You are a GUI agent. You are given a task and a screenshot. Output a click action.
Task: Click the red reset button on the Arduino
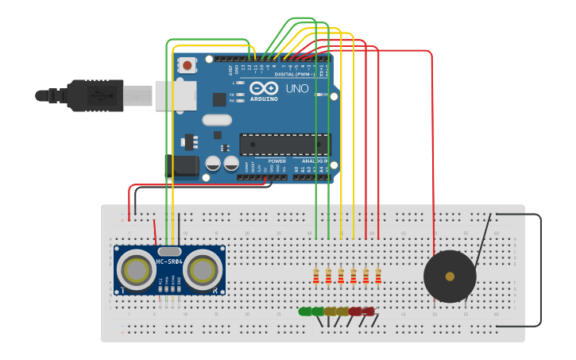click(x=187, y=65)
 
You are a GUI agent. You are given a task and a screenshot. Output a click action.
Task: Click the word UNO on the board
click(x=297, y=88)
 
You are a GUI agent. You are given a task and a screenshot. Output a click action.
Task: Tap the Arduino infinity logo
click(x=264, y=88)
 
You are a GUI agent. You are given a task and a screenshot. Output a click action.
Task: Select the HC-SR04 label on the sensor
click(x=169, y=261)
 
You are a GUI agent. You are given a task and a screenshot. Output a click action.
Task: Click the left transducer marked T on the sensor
click(x=138, y=271)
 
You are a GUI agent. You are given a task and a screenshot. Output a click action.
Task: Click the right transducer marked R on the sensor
click(x=202, y=271)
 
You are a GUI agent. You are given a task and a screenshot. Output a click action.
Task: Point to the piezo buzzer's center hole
click(x=450, y=277)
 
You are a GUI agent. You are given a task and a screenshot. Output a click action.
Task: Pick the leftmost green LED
click(x=305, y=312)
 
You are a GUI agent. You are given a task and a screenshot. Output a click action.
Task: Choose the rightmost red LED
click(x=367, y=312)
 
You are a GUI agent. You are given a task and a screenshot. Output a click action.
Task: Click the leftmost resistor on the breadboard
click(x=316, y=276)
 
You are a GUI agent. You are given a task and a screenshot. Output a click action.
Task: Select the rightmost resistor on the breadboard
click(x=378, y=276)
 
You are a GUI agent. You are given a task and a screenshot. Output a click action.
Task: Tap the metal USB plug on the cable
click(x=137, y=95)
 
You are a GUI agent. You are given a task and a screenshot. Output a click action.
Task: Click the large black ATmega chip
click(x=284, y=145)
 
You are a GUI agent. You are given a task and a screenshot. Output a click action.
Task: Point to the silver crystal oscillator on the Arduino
click(x=216, y=120)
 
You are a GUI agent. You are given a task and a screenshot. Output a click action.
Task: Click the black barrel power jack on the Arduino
click(x=182, y=165)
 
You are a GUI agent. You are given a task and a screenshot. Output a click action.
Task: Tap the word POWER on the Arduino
click(x=276, y=161)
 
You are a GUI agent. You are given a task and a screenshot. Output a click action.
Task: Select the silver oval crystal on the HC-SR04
click(x=169, y=251)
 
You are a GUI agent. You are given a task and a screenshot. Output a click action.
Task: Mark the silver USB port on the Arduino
click(x=176, y=95)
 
